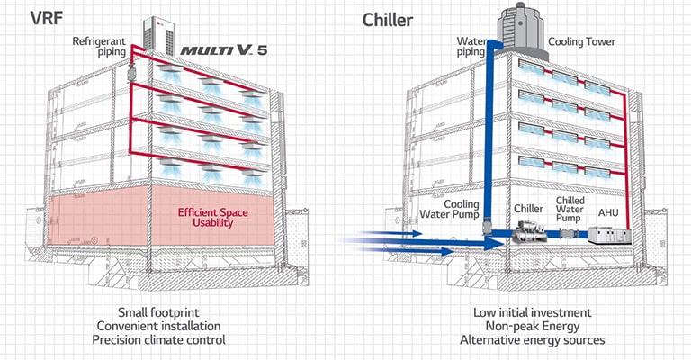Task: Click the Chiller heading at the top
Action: point(390,19)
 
